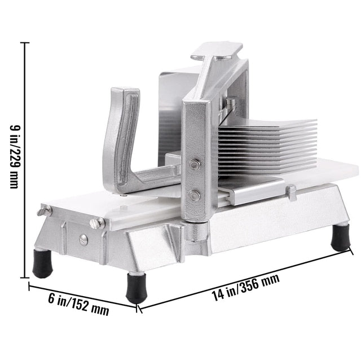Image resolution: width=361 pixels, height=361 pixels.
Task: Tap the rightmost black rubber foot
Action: pos(340,237)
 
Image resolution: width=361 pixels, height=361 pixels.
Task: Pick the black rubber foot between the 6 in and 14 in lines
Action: pos(135,288)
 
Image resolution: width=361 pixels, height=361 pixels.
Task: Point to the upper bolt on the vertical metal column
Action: pos(195,165)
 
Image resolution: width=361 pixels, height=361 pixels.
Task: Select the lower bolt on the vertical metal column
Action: pos(195,195)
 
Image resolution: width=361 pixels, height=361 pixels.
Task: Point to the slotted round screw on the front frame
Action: pos(83,239)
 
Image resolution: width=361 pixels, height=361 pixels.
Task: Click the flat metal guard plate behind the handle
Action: pos(175,107)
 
